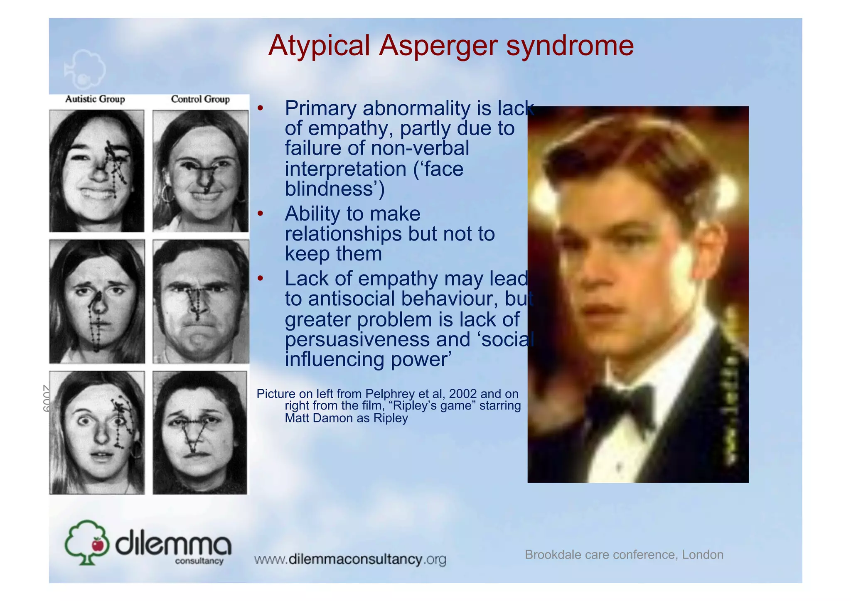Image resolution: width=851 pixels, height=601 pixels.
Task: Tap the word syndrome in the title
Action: pos(570,46)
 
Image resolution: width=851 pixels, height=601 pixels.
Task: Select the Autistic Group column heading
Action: pos(95,99)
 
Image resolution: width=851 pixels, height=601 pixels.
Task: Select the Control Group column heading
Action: pos(200,99)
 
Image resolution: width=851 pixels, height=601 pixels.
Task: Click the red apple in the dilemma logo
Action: pos(98,544)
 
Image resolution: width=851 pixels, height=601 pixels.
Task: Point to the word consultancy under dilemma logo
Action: pos(199,561)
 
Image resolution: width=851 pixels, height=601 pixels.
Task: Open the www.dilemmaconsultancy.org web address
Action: pos(350,559)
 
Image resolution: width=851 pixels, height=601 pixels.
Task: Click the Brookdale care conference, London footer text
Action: pos(624,554)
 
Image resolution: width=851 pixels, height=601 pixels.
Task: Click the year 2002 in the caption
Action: pos(462,393)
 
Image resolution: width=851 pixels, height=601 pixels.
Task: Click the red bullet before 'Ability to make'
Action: pos(260,213)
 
